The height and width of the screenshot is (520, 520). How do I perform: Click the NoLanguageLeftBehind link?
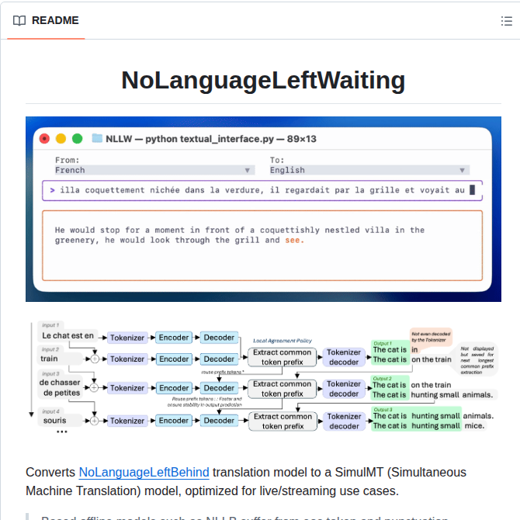tap(144, 472)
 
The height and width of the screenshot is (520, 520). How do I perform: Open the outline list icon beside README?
tap(506, 21)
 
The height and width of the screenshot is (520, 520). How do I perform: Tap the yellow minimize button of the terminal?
tap(60, 139)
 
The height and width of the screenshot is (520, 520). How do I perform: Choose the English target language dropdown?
tap(368, 170)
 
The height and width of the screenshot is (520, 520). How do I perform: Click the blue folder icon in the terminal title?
tap(97, 139)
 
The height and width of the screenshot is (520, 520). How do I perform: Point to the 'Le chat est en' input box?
tap(68, 336)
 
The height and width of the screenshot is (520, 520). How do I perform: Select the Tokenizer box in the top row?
tap(127, 338)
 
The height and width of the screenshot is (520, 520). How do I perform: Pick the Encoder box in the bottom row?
tap(174, 421)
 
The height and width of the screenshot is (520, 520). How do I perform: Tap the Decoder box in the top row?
tap(219, 338)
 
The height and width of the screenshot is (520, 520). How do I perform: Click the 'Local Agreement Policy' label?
tap(283, 341)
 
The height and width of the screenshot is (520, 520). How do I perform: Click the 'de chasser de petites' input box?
tap(60, 387)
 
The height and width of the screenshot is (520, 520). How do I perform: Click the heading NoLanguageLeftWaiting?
tap(263, 81)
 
